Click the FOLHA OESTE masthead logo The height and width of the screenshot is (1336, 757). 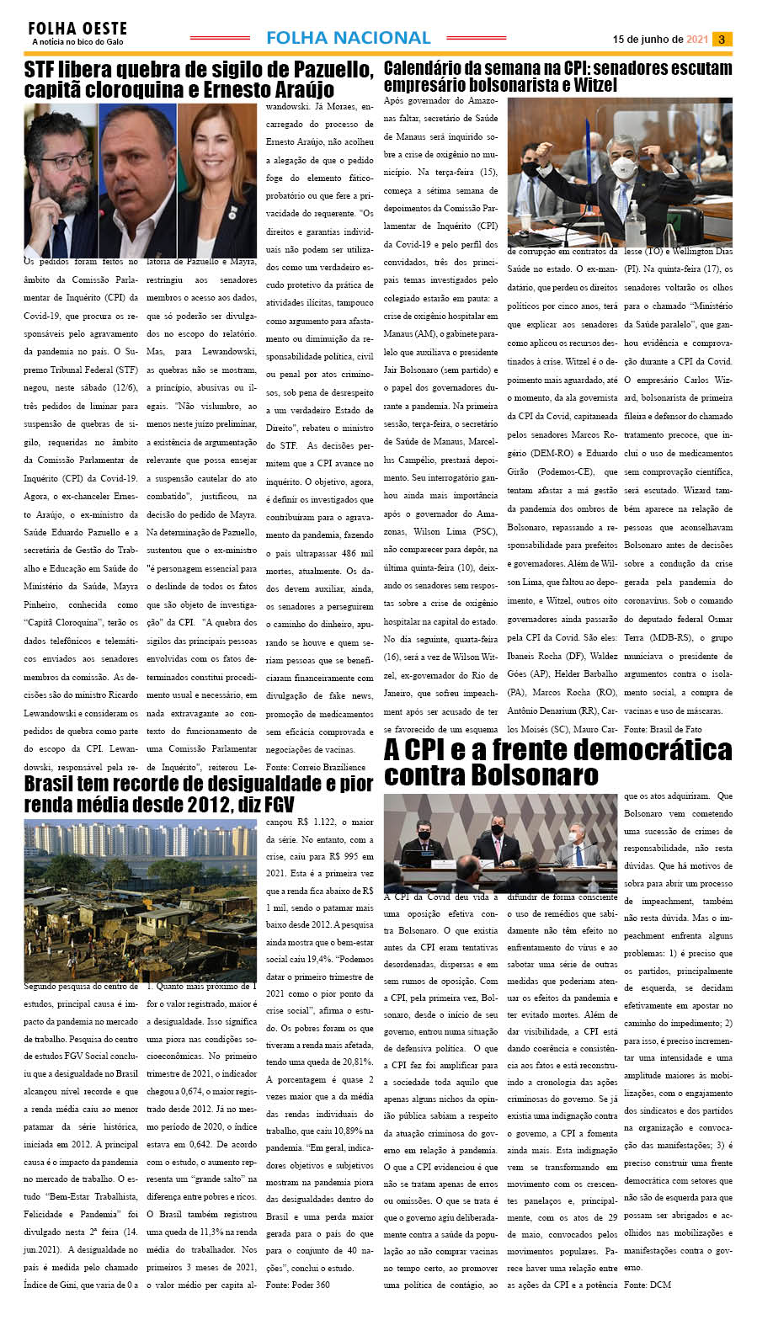[77, 29]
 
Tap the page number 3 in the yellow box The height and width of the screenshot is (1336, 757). [722, 39]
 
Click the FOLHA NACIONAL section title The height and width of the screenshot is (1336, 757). [348, 38]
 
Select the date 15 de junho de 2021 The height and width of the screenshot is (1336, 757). [659, 40]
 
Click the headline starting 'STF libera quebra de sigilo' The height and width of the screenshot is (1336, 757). [199, 79]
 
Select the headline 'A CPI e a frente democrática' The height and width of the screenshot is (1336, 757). [557, 761]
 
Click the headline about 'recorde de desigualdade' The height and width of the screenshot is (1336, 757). [199, 794]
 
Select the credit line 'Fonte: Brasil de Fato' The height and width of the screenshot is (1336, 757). [663, 728]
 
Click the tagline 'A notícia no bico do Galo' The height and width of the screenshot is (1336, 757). [77, 41]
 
